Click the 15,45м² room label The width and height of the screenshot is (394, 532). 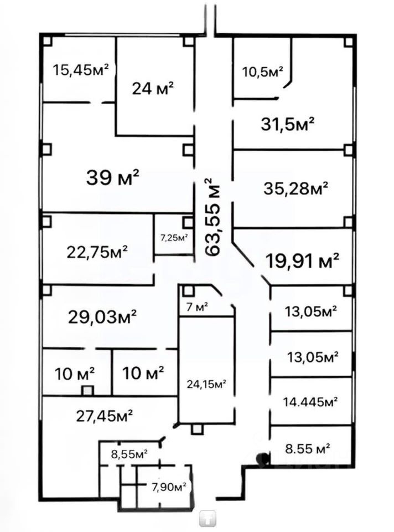pos(81,70)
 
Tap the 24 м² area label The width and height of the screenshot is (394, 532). pos(153,88)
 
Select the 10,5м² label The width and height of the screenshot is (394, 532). pos(263,71)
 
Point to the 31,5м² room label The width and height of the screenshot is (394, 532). pos(288,124)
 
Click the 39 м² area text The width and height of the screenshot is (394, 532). pos(113,177)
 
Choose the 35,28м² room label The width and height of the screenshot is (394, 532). pos(295,188)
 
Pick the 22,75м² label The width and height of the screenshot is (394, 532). pos(97,252)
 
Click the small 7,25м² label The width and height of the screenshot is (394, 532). pos(174,238)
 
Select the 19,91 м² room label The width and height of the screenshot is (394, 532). pos(303,261)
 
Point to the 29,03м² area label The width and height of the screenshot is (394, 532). pos(102,317)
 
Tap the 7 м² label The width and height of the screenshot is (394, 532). pos(197,307)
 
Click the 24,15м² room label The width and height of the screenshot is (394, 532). pos(206,384)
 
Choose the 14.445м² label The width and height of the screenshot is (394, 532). pos(310,402)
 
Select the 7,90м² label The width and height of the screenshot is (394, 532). pos(169,487)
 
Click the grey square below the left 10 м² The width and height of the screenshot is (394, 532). pos(87,391)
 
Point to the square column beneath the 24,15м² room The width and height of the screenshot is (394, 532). pos(196,430)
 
